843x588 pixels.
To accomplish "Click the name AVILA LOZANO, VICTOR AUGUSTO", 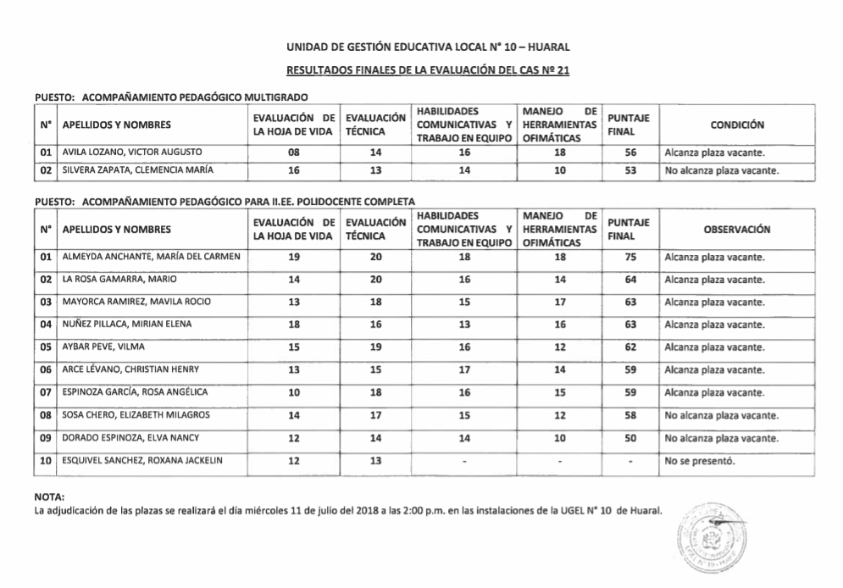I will [132, 153].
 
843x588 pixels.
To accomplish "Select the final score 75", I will [630, 258].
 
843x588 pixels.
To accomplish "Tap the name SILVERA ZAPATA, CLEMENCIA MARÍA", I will [136, 170].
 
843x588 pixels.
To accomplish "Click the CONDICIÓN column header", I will [737, 125].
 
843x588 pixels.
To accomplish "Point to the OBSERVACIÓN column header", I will [737, 229].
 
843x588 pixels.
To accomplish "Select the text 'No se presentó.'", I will [700, 461].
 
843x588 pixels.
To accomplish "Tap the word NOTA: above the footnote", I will [49, 496].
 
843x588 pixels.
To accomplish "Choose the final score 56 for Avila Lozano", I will [630, 153].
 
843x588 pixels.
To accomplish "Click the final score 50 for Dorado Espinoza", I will [630, 438].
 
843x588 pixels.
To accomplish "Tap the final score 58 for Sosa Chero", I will [630, 415].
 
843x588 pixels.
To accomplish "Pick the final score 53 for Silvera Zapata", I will [630, 170].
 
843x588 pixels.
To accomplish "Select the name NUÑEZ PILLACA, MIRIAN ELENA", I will [127, 325].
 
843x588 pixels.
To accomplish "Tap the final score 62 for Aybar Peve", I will [630, 347].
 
